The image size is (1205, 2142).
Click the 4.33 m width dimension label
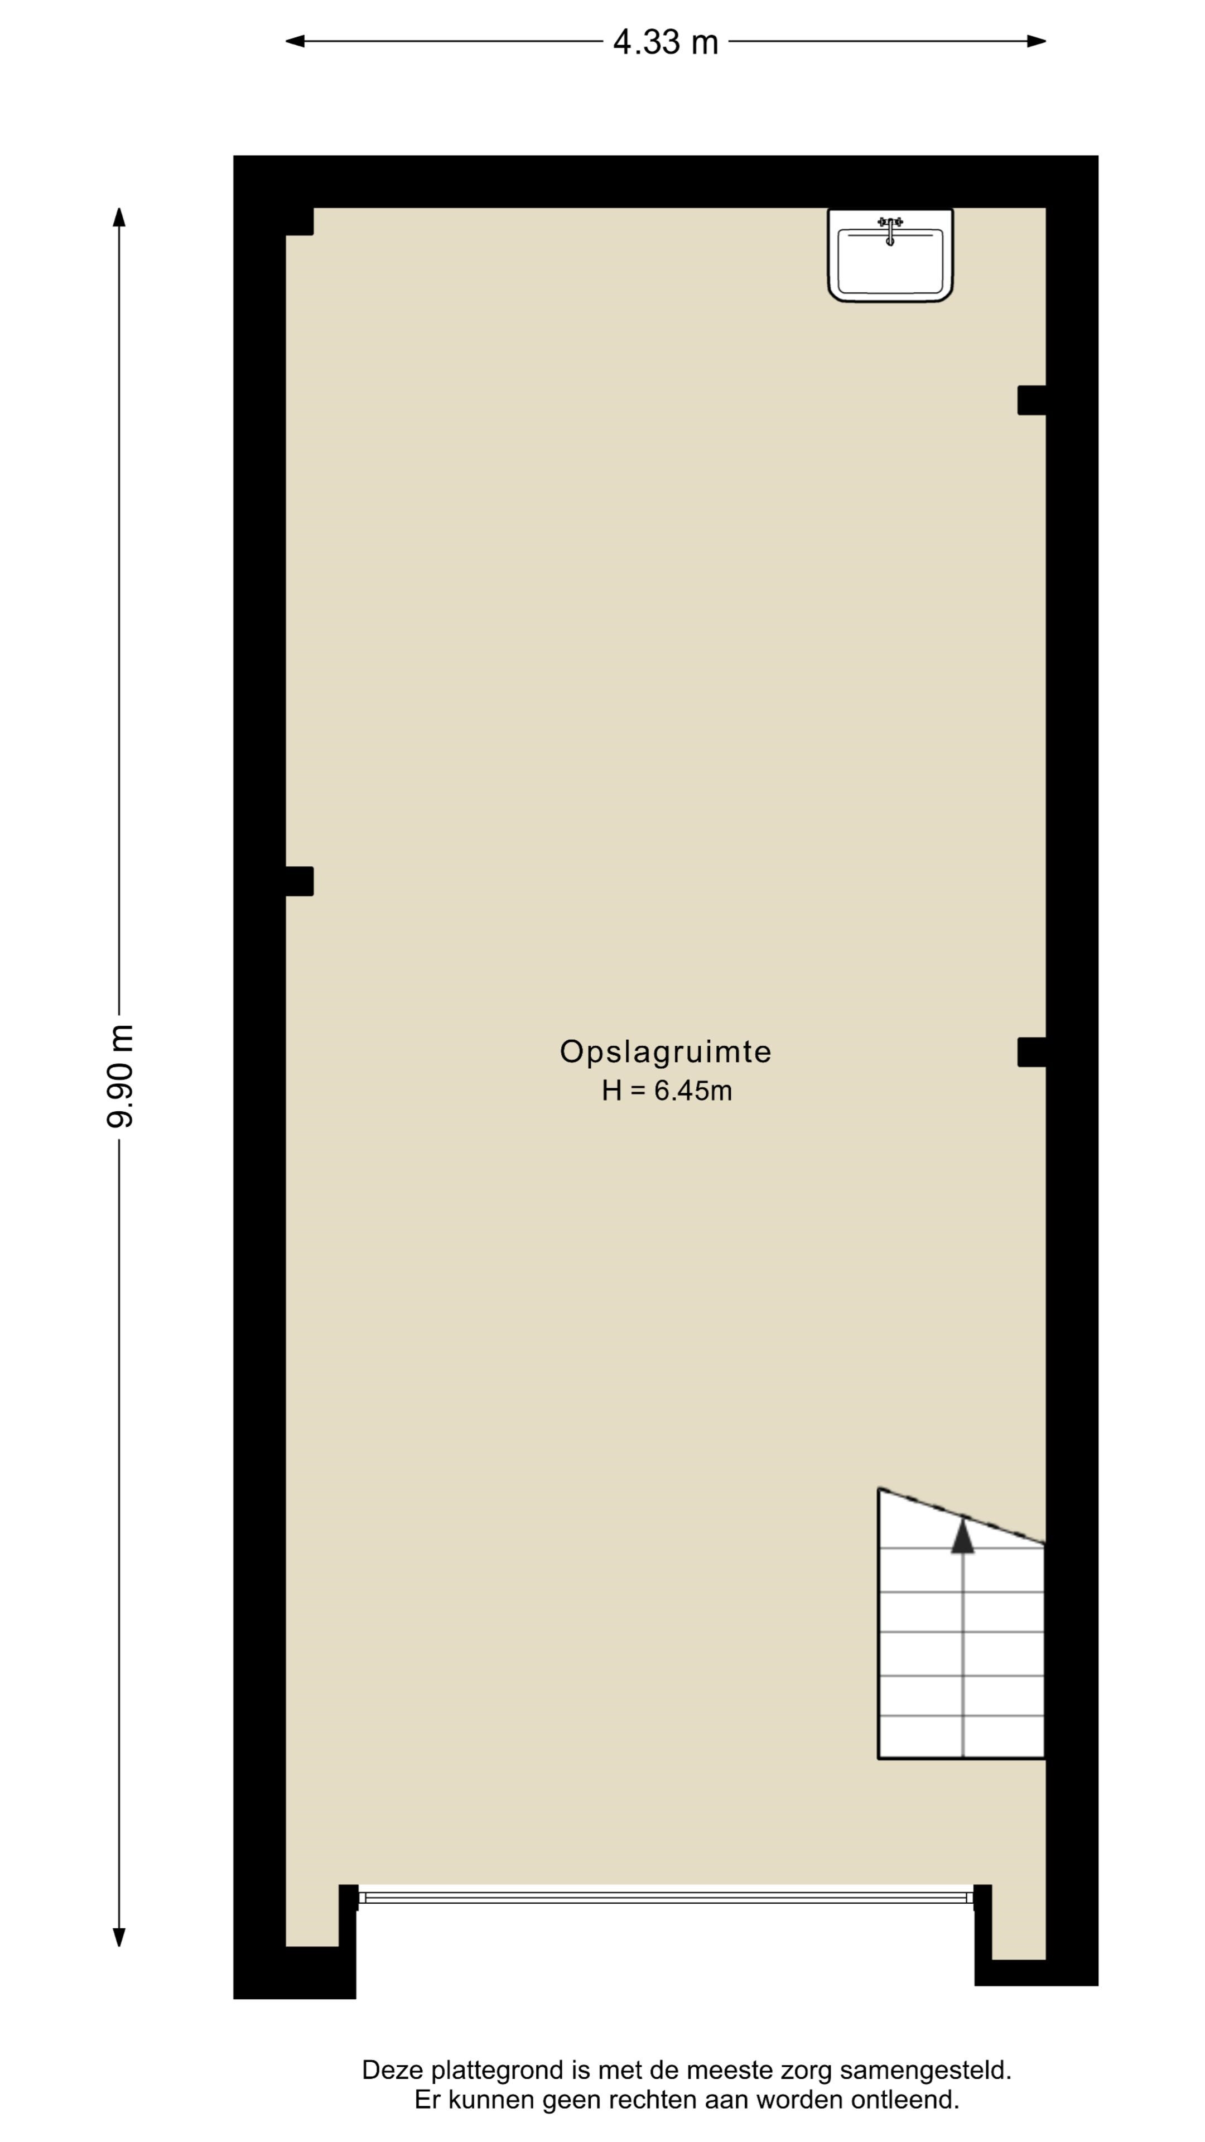[666, 42]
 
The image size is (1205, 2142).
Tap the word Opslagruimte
[666, 1052]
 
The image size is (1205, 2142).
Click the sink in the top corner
[890, 254]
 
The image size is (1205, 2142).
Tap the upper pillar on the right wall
[1031, 400]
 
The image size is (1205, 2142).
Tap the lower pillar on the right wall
[1031, 1052]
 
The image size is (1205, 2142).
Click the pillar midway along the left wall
[300, 881]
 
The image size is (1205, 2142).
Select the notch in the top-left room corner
[300, 221]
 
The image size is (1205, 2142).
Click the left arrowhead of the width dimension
[295, 41]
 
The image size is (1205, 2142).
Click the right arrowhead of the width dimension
[1036, 41]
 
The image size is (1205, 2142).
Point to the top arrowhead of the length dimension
[119, 217]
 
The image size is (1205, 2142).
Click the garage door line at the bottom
[666, 1898]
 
